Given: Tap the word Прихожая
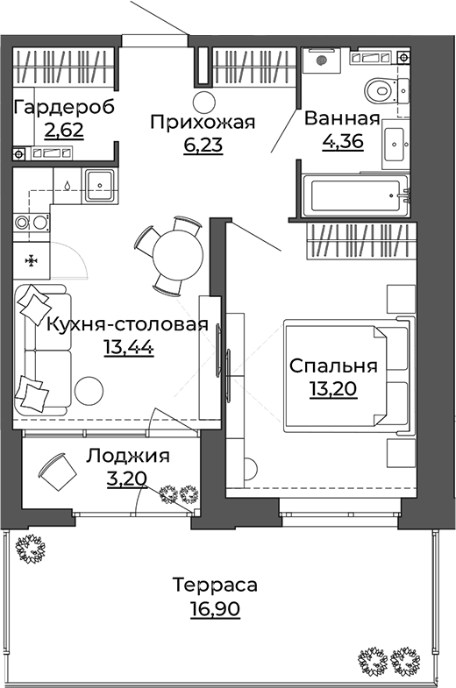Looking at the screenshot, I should pyautogui.click(x=202, y=122).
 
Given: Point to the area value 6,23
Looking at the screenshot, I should pyautogui.click(x=203, y=144).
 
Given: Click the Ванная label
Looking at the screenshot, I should pyautogui.click(x=341, y=120).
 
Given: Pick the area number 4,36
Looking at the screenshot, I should pyautogui.click(x=342, y=142).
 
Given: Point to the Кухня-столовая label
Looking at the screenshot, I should pyautogui.click(x=126, y=325).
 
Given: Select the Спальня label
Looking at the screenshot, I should pyautogui.click(x=332, y=366).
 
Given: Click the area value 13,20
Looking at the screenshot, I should pyautogui.click(x=334, y=388).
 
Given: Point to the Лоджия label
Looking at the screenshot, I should pyautogui.click(x=128, y=456).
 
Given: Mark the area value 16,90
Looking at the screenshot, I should pyautogui.click(x=215, y=608).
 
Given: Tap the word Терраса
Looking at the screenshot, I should pyautogui.click(x=215, y=585).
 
